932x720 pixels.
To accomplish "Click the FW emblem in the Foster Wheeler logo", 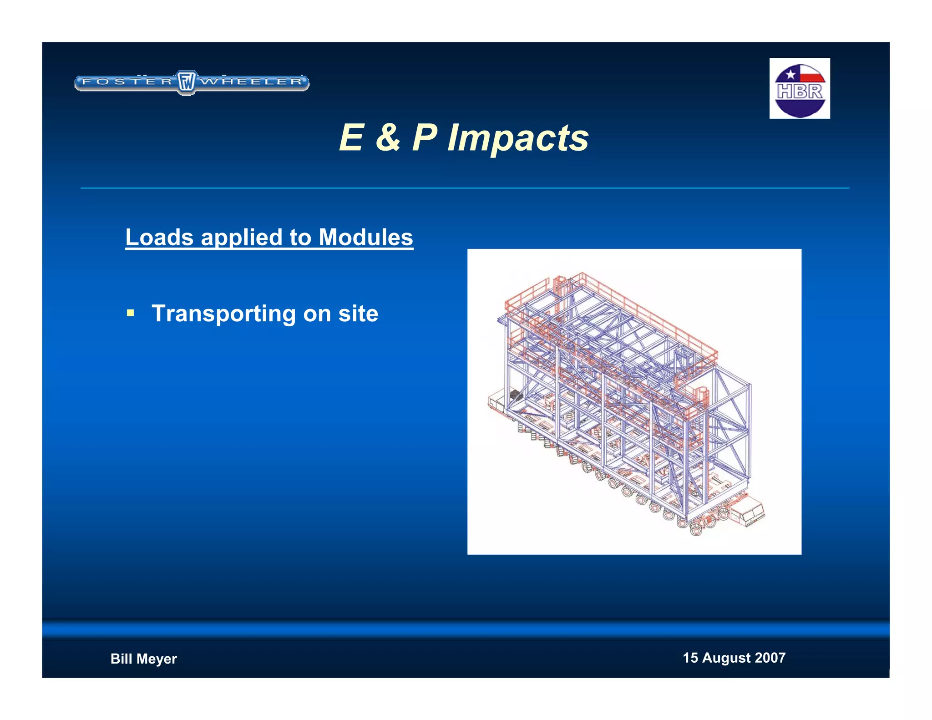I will point(186,82).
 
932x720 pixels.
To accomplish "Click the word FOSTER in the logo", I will point(127,82).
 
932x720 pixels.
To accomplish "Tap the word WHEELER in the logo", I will point(252,82).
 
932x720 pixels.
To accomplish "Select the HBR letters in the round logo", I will point(800,91).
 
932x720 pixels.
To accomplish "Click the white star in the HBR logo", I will point(790,75).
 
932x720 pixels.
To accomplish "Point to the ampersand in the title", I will point(388,137).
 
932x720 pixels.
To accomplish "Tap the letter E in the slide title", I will point(351,137).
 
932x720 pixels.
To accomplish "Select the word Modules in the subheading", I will point(365,237).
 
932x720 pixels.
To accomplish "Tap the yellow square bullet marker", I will point(131,313).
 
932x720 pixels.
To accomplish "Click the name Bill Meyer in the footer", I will point(143,659).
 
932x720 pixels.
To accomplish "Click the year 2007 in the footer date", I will point(770,658).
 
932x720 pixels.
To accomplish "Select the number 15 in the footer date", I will point(690,658).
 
